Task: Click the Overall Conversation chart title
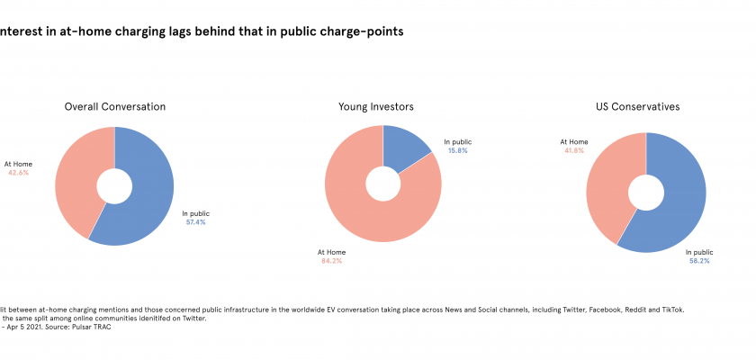coord(114,107)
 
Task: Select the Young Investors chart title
coord(375,107)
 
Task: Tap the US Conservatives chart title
coord(637,107)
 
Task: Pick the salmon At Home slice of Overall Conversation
coord(76,180)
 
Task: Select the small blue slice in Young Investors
coord(402,148)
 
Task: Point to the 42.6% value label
coord(18,172)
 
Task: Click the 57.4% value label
coord(194,221)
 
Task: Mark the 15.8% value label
coord(456,150)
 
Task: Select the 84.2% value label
coord(330,261)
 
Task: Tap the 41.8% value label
coord(572,150)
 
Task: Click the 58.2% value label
coord(698,261)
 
